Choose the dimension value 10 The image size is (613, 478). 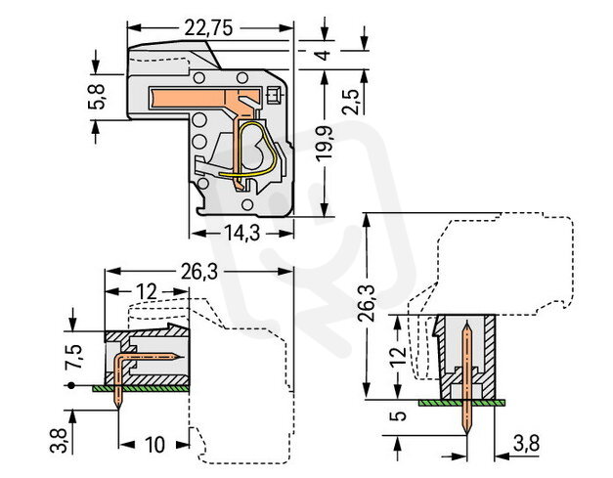153,446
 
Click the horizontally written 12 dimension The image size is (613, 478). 145,292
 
